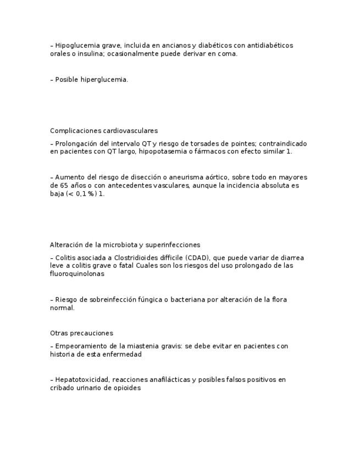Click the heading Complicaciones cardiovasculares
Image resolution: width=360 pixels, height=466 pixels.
pyautogui.click(x=104, y=131)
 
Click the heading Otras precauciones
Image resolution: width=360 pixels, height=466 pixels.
pyautogui.click(x=81, y=333)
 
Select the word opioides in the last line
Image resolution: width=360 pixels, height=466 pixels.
pyautogui.click(x=126, y=388)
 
